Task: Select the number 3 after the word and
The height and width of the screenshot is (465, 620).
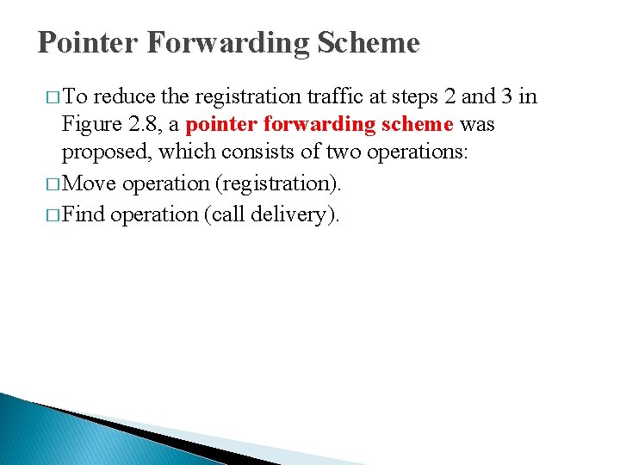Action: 509,95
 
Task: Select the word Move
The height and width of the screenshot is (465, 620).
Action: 90,184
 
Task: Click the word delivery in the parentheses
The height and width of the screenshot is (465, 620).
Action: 293,214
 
